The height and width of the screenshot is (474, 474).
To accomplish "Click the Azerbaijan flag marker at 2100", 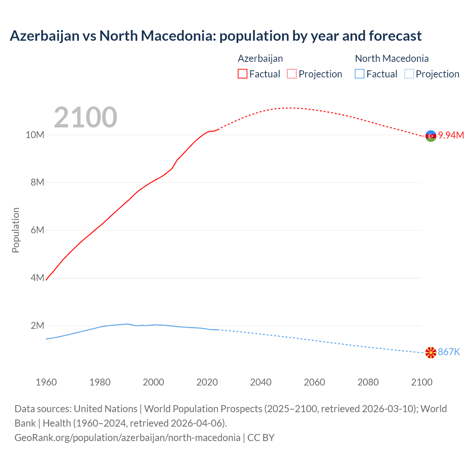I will point(431,136).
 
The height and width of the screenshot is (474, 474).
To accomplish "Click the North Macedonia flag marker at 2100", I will point(431,353).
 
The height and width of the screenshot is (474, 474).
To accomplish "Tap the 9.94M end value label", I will point(451,135).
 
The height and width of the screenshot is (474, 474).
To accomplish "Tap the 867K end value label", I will point(449,352).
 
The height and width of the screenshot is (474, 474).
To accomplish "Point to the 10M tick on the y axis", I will point(35,135).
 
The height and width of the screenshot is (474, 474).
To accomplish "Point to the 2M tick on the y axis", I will point(37,326).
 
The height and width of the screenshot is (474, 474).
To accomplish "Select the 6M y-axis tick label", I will point(37,230).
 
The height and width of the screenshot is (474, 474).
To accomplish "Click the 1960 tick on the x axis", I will point(46,382).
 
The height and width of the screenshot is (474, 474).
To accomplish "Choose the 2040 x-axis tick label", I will point(261,382).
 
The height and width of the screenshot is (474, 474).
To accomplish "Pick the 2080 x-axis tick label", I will point(368,382).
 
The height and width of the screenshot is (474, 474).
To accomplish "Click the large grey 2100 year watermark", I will point(86,117).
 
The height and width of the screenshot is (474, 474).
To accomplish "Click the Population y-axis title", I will point(16,230).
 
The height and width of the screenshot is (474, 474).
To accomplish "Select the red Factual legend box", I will point(242,74).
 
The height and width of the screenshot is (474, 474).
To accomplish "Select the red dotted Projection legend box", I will point(292,74).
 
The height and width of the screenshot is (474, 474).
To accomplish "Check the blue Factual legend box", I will point(359,74).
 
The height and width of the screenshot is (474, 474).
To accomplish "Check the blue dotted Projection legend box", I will point(409,74).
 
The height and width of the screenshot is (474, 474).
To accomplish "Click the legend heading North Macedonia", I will point(391,59).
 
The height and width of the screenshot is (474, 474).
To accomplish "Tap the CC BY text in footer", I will point(261,437).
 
